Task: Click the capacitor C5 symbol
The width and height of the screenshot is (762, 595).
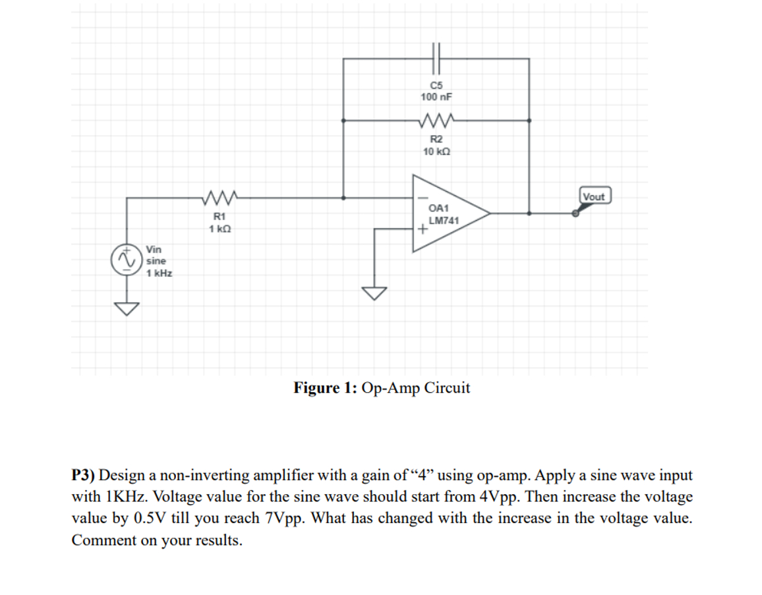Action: click(436, 58)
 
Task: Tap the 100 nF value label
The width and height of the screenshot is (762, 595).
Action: click(436, 97)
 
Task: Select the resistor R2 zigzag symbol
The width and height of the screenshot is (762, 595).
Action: click(436, 121)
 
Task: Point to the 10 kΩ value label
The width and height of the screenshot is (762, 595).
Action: click(436, 152)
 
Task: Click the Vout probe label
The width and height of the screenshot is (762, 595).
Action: click(594, 196)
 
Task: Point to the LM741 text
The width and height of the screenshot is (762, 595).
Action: click(444, 220)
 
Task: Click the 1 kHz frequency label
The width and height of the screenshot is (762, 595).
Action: click(159, 273)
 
